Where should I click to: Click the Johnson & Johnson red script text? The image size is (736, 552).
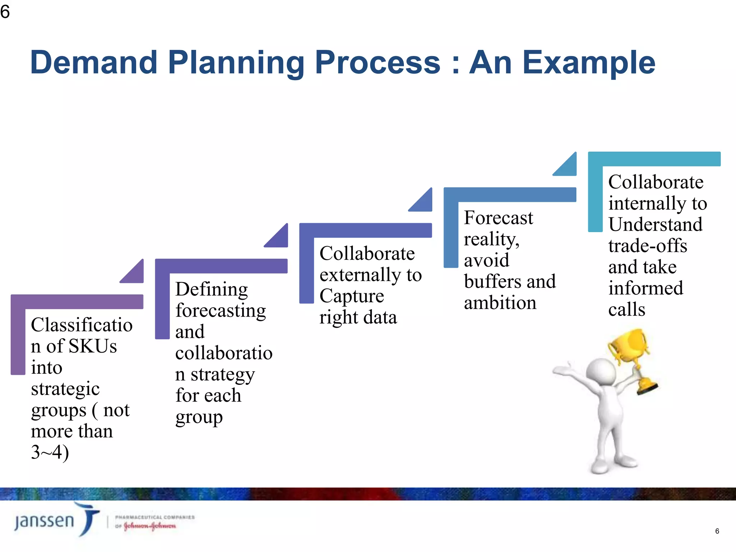tap(150, 526)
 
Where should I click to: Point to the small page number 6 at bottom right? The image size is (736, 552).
tap(717, 531)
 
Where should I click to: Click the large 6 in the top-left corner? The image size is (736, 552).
tap(5, 11)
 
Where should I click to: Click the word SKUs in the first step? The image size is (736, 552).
tap(92, 346)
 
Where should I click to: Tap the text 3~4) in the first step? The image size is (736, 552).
tap(50, 452)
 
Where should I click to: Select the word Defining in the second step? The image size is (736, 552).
tap(212, 289)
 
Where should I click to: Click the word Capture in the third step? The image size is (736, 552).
tap(352, 296)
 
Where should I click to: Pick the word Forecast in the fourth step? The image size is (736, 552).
tap(498, 218)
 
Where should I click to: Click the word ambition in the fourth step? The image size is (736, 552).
tap(500, 303)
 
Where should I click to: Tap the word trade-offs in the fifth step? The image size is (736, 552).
tap(648, 246)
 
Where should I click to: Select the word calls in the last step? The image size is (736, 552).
tap(627, 309)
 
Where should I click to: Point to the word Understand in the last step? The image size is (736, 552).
tap(655, 225)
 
